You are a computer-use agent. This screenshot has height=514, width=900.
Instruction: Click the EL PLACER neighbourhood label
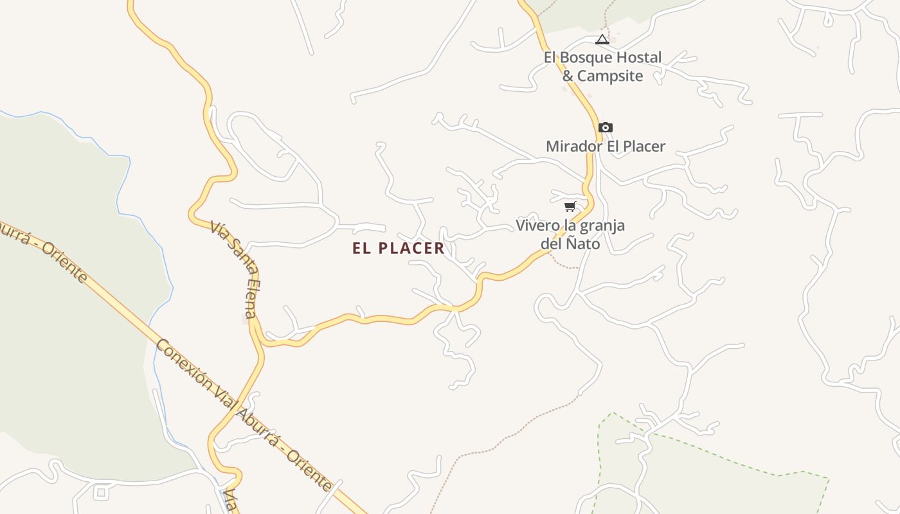[398, 249]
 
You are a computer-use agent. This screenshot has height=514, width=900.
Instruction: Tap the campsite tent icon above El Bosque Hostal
[602, 40]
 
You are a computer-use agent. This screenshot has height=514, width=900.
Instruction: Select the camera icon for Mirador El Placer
[605, 127]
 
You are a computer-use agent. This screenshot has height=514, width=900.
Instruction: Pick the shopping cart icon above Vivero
[570, 206]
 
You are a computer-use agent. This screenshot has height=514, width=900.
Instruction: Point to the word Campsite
[610, 76]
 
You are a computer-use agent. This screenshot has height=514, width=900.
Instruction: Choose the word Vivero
[536, 226]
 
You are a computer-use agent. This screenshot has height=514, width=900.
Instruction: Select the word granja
[602, 226]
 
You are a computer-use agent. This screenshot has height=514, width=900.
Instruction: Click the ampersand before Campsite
[568, 76]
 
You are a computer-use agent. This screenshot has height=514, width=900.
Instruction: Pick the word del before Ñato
[552, 244]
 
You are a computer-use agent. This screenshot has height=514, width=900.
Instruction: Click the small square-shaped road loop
[101, 493]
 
